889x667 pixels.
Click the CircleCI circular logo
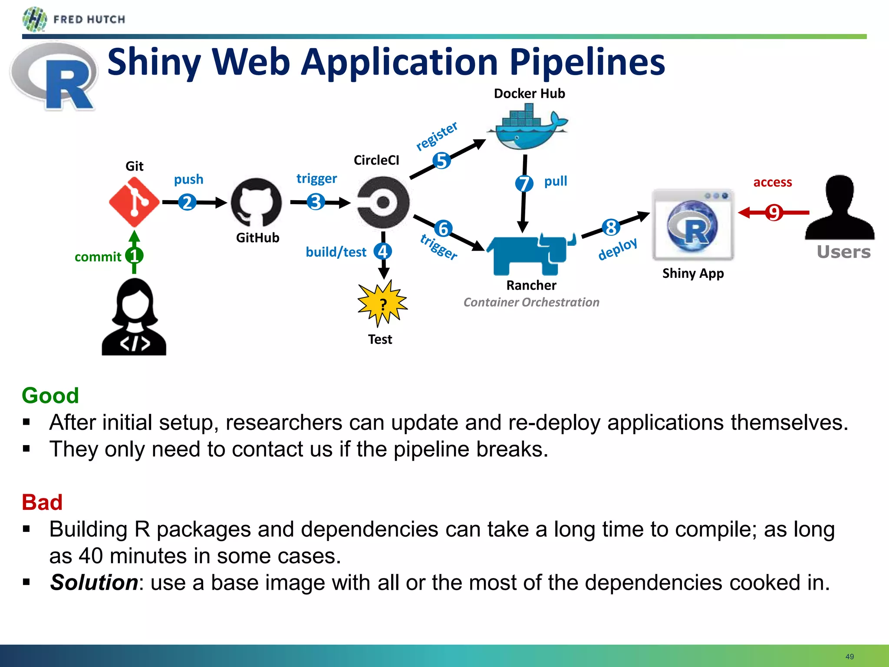click(383, 202)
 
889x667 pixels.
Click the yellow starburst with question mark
click(382, 304)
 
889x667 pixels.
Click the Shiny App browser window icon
click(693, 225)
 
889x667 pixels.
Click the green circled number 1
click(134, 255)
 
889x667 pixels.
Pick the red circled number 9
click(774, 213)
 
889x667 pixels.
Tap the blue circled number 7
click(524, 183)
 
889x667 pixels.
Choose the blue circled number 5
click(441, 161)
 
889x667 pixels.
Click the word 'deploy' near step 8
click(617, 249)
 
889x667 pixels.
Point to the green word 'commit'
click(98, 257)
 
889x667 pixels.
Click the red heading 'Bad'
click(42, 502)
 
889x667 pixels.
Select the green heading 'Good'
click(50, 396)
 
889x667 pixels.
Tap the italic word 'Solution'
click(94, 582)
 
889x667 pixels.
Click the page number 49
click(849, 657)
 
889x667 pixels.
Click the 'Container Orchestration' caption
click(531, 302)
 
